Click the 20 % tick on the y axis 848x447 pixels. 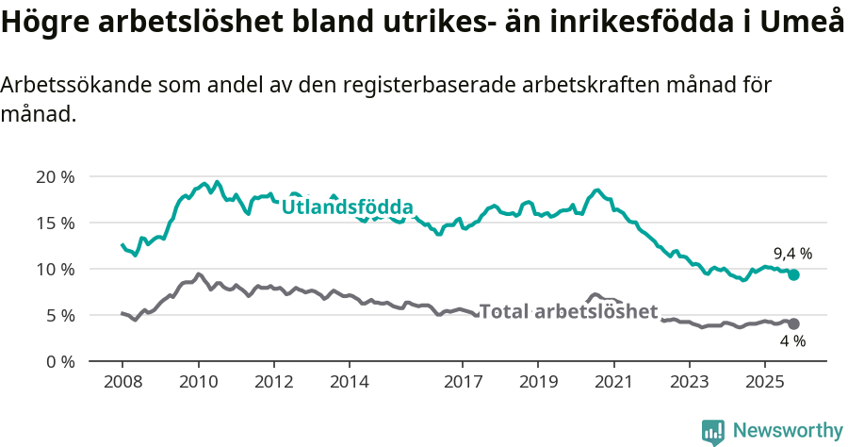coord(55,176)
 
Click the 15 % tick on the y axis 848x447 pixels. coord(55,223)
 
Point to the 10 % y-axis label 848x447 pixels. coord(55,269)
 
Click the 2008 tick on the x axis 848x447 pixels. coord(122,384)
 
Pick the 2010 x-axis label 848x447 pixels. coord(198,384)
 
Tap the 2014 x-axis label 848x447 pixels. coord(349,384)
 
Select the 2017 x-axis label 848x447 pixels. coord(462,384)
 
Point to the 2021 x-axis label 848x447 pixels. coord(613,384)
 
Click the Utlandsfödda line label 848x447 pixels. coord(347,207)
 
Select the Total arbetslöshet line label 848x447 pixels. coord(568,311)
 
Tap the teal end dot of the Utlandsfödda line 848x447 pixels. coord(793,274)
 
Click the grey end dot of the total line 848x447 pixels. coord(793,323)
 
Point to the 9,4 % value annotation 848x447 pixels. coord(792,254)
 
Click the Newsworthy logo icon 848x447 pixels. coord(713,432)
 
